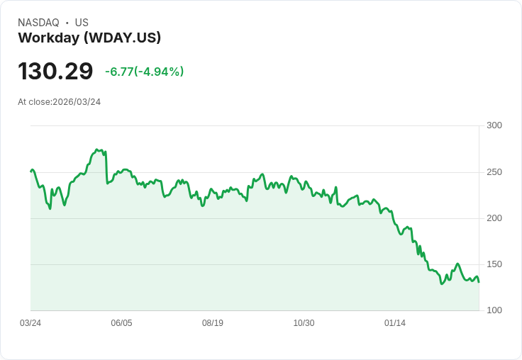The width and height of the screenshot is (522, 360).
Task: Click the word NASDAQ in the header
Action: pyautogui.click(x=38, y=23)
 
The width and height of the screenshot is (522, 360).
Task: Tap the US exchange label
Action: pyautogui.click(x=82, y=23)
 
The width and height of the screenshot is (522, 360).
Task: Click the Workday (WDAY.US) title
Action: pyautogui.click(x=89, y=38)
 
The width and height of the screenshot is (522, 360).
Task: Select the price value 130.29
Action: pyautogui.click(x=55, y=71)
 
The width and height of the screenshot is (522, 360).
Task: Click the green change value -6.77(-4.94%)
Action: pyautogui.click(x=144, y=72)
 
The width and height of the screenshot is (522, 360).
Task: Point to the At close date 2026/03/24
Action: pyautogui.click(x=60, y=102)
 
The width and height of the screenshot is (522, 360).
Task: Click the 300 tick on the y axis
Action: pyautogui.click(x=494, y=125)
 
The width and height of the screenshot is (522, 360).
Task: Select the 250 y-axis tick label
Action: pyautogui.click(x=494, y=172)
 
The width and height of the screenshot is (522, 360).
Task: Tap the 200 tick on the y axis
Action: pyautogui.click(x=494, y=218)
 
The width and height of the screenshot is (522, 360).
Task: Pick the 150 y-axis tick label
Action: pyautogui.click(x=494, y=264)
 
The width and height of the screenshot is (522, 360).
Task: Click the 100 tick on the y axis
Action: pyautogui.click(x=494, y=310)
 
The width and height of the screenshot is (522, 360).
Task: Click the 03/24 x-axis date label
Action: pyautogui.click(x=30, y=323)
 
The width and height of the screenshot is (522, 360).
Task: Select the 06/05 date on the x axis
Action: pyautogui.click(x=121, y=323)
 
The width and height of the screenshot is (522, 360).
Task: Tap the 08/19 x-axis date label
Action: pyautogui.click(x=213, y=323)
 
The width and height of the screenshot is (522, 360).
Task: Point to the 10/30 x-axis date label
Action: pyautogui.click(x=304, y=323)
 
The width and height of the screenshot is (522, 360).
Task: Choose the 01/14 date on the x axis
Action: pyautogui.click(x=395, y=323)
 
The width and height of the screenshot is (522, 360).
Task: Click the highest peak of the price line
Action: pyautogui.click(x=96, y=150)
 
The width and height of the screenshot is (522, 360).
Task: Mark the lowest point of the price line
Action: pyautogui.click(x=441, y=284)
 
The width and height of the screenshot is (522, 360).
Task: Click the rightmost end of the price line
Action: pyautogui.click(x=479, y=282)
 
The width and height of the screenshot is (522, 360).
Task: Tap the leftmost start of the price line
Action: pyautogui.click(x=30, y=171)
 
